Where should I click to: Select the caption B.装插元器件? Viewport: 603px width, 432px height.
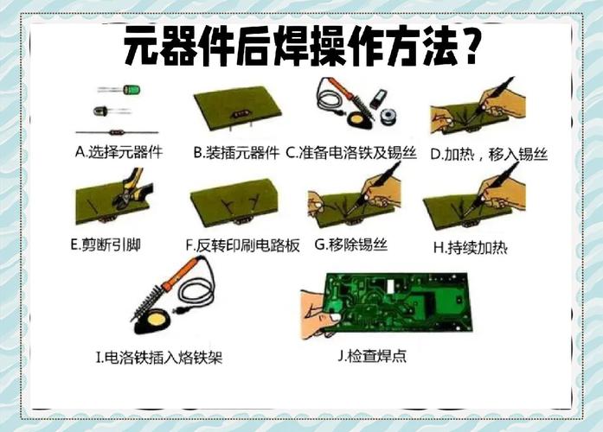click(236, 153)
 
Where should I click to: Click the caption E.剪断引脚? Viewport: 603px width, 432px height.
click(106, 245)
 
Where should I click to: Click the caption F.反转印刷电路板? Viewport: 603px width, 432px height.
click(243, 245)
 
